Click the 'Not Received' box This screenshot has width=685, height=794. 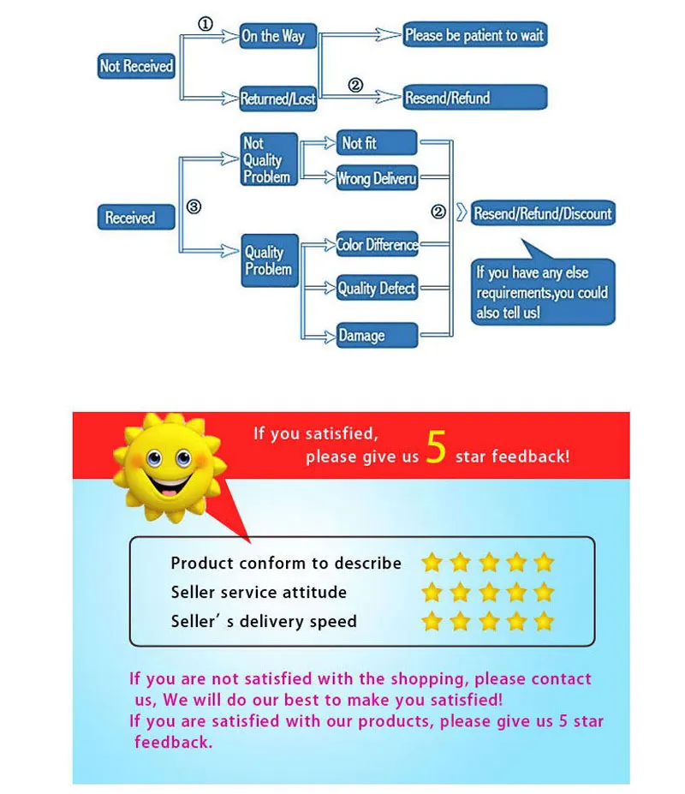point(136,66)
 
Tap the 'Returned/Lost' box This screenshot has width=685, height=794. point(277,99)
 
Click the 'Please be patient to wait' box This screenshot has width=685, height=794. point(474,35)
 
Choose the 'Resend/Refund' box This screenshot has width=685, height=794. point(474,98)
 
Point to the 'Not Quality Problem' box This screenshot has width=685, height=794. point(269,160)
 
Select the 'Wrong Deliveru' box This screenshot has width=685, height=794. point(377,178)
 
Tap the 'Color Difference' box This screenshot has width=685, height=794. point(377,245)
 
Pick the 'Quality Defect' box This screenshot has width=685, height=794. point(377,289)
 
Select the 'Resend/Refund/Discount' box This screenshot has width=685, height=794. point(543,213)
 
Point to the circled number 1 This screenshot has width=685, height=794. point(205,24)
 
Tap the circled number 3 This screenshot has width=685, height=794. point(194,206)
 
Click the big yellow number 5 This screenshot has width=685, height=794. point(436,450)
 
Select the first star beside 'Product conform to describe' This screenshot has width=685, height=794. point(432,563)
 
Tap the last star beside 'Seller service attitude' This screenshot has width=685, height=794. point(544,592)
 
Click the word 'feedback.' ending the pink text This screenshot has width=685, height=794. point(173,742)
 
